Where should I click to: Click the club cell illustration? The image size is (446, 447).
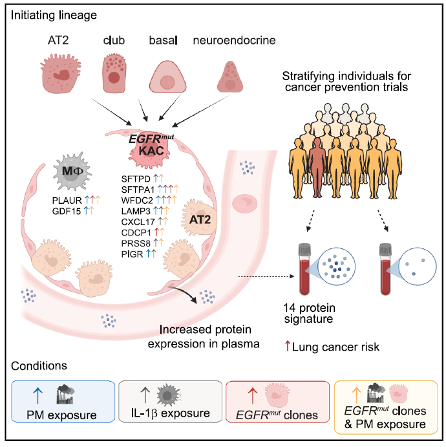click(114, 73)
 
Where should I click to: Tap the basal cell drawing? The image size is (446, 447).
click(168, 77)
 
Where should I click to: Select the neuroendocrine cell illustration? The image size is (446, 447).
click(230, 77)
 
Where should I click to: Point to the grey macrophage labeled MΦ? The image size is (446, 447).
click(72, 171)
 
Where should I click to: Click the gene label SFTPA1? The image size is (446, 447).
click(138, 190)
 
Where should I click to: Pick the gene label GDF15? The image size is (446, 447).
click(67, 212)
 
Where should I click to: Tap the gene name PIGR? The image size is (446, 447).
click(132, 254)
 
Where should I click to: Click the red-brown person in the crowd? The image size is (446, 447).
click(317, 168)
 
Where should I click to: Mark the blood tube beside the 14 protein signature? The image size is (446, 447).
click(304, 269)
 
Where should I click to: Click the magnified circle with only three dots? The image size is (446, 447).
click(417, 266)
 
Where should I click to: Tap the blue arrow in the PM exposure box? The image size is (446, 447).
click(38, 395)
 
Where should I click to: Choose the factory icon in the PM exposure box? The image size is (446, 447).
click(65, 394)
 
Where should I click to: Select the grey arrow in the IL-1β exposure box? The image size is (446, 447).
click(145, 395)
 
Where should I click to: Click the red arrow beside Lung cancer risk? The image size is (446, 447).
click(288, 346)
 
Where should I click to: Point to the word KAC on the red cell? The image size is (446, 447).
click(151, 151)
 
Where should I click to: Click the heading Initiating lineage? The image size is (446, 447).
click(54, 16)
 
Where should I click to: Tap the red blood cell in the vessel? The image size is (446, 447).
click(244, 204)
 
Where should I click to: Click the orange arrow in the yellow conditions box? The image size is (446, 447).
click(356, 395)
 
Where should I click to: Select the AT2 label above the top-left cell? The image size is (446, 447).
click(58, 40)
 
